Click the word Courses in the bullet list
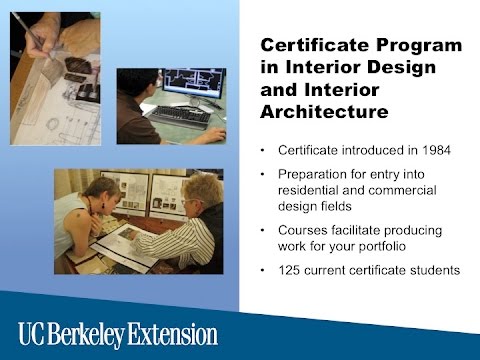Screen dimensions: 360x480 (x=299, y=228)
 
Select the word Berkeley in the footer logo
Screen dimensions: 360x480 (x=99, y=333)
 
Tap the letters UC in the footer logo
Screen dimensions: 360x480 (x=33, y=333)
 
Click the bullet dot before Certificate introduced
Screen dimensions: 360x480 (x=262, y=152)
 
